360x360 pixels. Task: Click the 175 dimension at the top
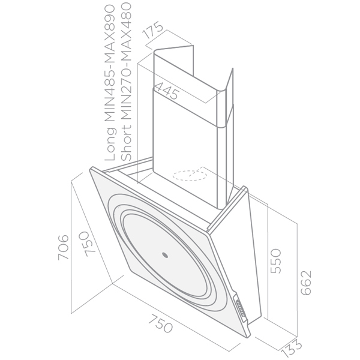(152, 30)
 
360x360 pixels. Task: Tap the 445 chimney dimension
(167, 91)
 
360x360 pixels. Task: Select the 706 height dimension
(63, 247)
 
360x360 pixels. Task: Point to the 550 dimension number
(276, 261)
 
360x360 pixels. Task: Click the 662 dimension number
(306, 283)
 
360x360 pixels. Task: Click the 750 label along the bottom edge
(160, 323)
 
